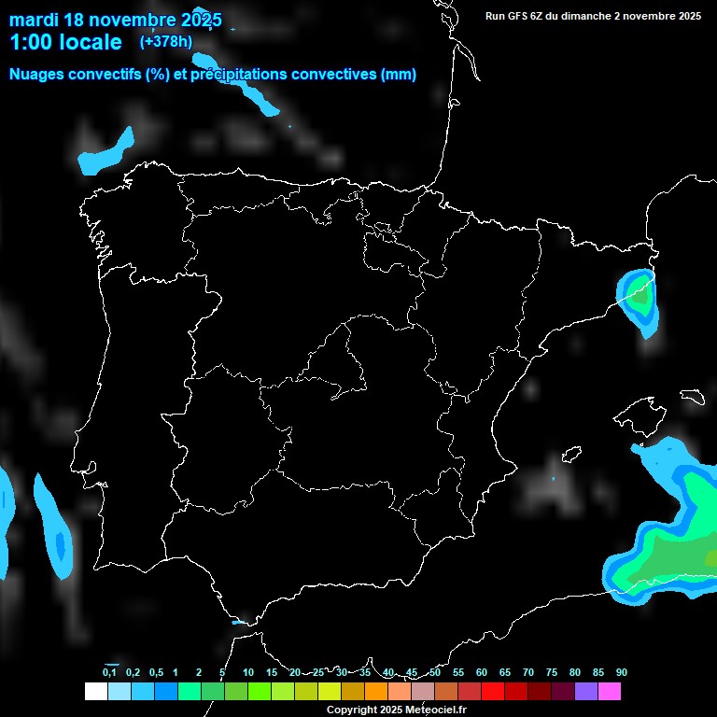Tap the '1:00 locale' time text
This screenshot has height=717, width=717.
pyautogui.click(x=65, y=42)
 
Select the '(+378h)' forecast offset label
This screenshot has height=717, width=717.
pyautogui.click(x=166, y=41)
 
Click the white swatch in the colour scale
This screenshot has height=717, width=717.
pyautogui.click(x=95, y=692)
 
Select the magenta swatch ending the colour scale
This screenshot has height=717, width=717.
pyautogui.click(x=610, y=692)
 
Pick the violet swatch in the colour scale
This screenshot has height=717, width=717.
pyautogui.click(x=586, y=692)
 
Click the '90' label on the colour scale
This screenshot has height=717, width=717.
pyautogui.click(x=622, y=672)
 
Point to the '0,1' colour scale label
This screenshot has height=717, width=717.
pyautogui.click(x=109, y=672)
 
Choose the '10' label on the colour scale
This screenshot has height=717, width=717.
pyautogui.click(x=248, y=672)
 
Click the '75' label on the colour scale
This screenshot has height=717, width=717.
pyautogui.click(x=552, y=672)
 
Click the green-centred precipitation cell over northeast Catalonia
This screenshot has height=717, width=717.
pyautogui.click(x=640, y=298)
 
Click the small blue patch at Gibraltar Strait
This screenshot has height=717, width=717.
pyautogui.click(x=240, y=623)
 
